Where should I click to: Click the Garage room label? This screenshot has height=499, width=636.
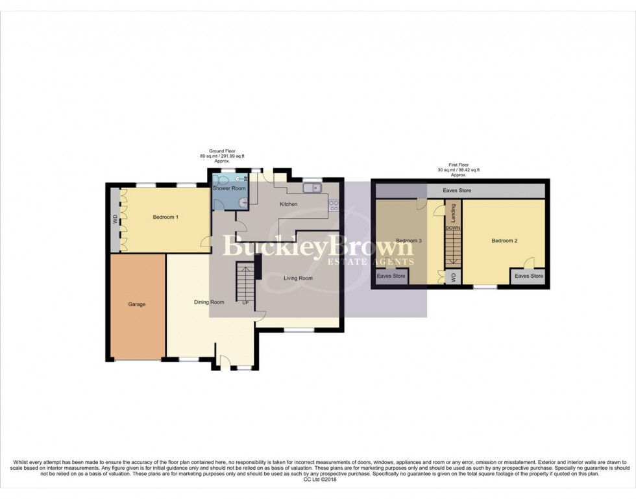coord(136,304)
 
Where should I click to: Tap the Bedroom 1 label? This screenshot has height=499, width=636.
coord(165,217)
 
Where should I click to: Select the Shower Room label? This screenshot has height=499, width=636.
coord(230,188)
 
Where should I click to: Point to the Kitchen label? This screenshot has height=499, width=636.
coord(289,204)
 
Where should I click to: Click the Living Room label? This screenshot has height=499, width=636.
coord(298,278)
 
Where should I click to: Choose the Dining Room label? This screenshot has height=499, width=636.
coord(209,302)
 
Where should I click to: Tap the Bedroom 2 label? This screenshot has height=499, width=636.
coord(504,241)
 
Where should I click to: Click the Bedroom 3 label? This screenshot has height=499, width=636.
coord(410,241)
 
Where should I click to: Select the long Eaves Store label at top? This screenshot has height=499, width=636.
coord(457,191)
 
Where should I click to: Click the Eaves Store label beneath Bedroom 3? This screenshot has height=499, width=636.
coord(391,276)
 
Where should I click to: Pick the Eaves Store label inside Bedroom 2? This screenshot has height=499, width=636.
coord(529,276)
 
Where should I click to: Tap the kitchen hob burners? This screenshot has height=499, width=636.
coord(334,206)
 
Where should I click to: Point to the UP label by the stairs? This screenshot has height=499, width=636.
coord(245,302)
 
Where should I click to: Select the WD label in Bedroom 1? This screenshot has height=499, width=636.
coord(115,219)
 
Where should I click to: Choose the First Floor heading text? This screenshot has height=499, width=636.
coord(458,170)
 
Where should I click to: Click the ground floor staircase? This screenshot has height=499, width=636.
coord(245,280)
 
